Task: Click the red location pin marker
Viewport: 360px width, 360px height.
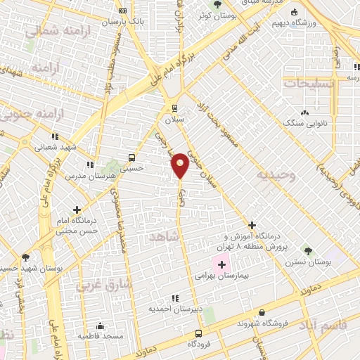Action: (x=180, y=165)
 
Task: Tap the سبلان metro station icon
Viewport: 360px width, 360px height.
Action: (x=175, y=108)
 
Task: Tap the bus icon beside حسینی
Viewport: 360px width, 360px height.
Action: (x=131, y=157)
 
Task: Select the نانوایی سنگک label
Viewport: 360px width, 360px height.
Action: (x=303, y=123)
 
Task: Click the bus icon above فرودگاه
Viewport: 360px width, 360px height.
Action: (x=198, y=333)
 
